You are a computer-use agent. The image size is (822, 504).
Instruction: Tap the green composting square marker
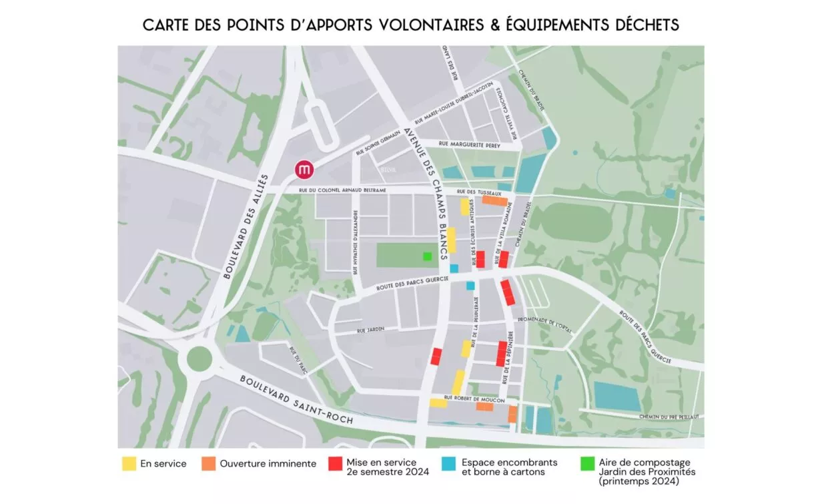tap(427, 256)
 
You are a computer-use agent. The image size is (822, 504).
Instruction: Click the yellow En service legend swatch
tap(129, 463)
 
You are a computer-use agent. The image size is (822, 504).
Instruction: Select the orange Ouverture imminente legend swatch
tap(209, 463)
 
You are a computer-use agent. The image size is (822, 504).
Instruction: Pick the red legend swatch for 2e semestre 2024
tap(335, 463)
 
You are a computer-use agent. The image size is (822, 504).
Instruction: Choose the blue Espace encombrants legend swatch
tap(450, 463)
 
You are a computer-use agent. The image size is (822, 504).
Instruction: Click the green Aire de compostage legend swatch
tap(587, 463)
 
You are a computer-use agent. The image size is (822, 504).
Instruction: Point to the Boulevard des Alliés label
tap(246, 226)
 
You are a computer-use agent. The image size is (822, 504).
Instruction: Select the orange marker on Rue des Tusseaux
tap(494, 200)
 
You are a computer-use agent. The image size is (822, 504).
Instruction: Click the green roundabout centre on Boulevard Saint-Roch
tap(199, 358)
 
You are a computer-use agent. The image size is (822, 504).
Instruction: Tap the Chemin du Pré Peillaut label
tap(669, 417)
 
